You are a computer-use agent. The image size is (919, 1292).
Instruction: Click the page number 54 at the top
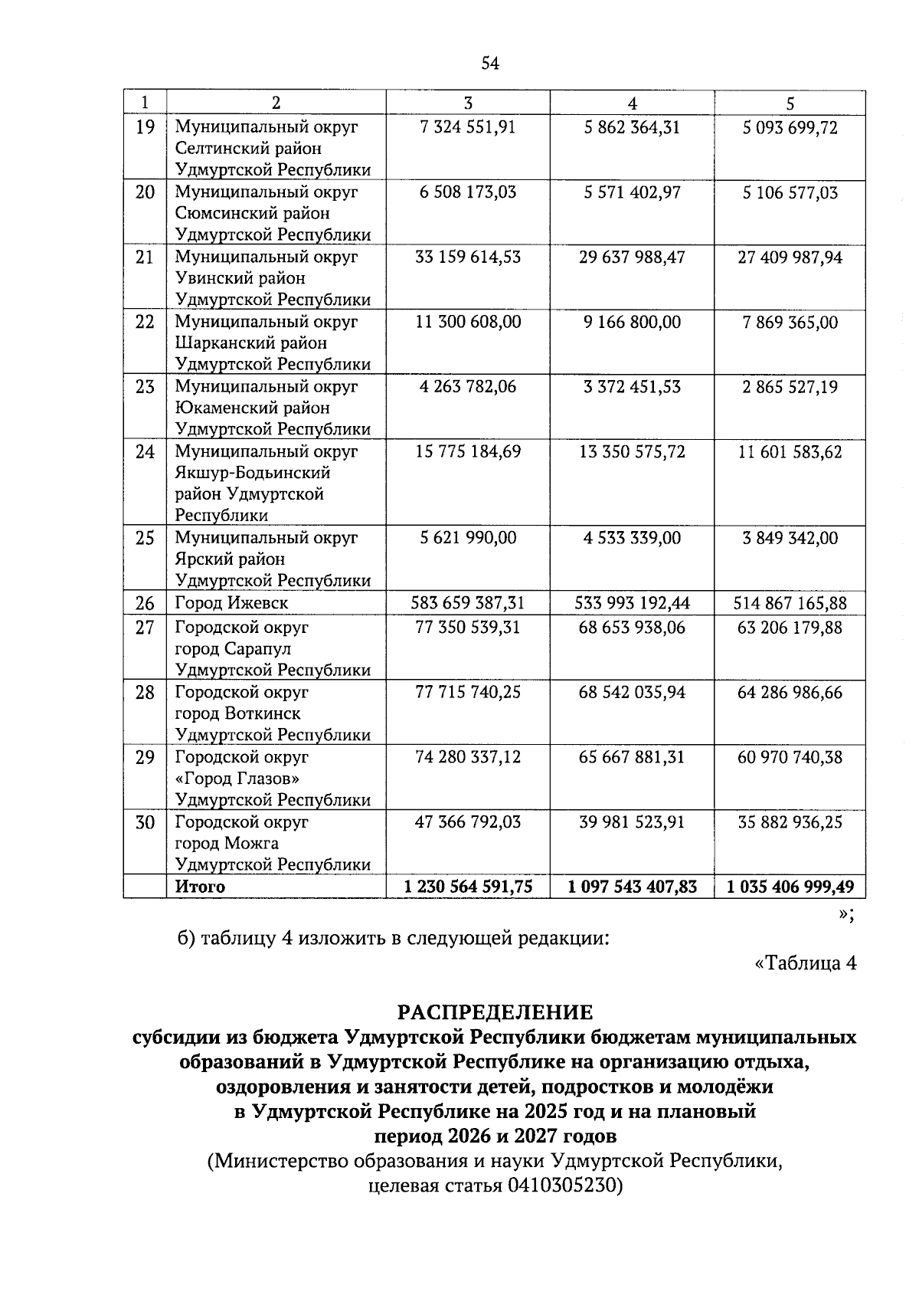pos(490,64)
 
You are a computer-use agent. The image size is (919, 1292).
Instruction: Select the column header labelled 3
pos(467,103)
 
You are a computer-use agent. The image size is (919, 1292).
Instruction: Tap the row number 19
pos(145,127)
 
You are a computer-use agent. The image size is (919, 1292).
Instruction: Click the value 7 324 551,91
pos(467,127)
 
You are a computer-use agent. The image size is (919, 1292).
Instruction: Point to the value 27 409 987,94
pos(790,257)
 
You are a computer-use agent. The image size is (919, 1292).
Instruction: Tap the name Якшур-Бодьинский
pos(253,473)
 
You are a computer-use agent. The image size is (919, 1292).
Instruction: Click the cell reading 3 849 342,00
pos(790,538)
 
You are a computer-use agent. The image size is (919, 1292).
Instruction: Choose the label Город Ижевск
pos(231,603)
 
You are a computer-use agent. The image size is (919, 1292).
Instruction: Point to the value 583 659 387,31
pos(467,603)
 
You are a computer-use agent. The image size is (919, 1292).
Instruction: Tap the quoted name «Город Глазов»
pos(237,779)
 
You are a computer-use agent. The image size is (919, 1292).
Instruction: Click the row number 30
pos(145,822)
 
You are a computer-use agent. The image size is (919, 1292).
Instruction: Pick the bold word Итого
pos(200,887)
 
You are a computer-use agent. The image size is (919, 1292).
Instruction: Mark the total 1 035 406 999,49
pos(790,887)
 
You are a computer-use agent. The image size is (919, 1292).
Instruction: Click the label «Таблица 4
pos(805,963)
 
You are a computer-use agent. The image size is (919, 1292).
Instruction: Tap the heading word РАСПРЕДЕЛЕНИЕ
pos(495,1012)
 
